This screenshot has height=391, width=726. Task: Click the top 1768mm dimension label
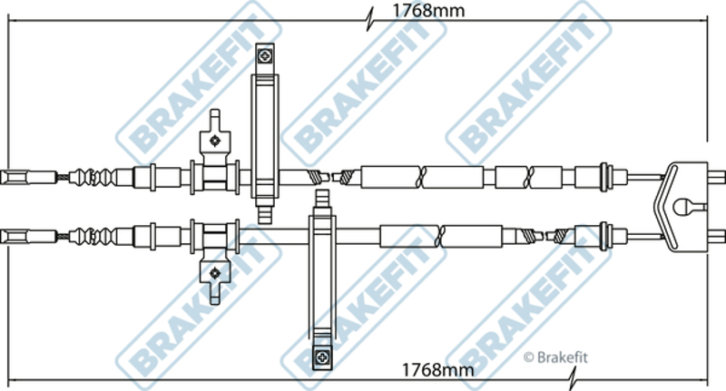pos(428,10)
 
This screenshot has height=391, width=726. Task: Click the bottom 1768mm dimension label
pos(437,370)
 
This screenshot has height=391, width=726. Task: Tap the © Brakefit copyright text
pos(555,357)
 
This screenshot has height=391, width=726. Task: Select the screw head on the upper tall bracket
pos(265,57)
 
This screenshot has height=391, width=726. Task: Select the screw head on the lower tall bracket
pos(322,357)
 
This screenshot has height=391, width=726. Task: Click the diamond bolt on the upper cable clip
pos(214,140)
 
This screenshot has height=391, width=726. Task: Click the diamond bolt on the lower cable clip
pos(214,273)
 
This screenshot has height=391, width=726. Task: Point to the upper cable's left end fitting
pos(29,177)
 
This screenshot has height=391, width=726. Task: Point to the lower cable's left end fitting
pos(29,237)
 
